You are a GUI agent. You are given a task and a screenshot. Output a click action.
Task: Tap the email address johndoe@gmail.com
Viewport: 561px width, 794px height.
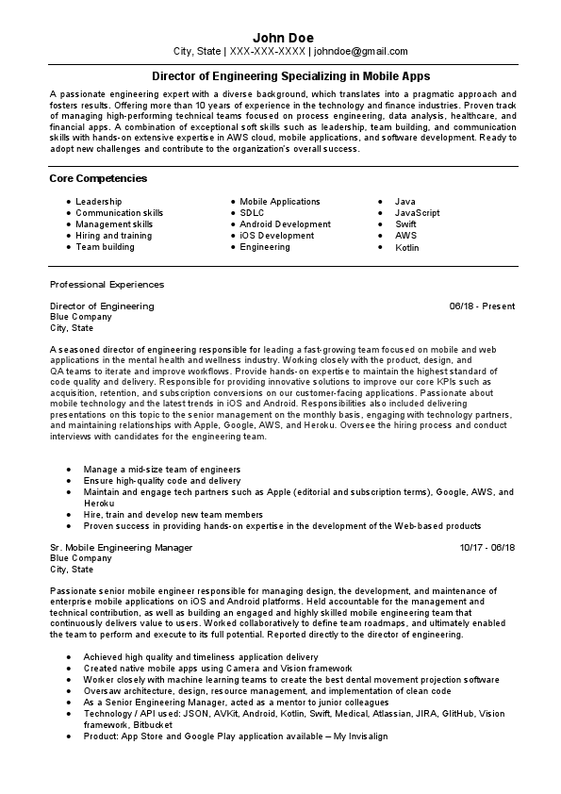coord(361,52)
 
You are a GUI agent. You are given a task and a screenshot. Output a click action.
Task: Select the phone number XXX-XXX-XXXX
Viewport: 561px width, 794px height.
coord(268,52)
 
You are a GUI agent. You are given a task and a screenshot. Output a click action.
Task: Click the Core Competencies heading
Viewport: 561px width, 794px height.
coord(98,178)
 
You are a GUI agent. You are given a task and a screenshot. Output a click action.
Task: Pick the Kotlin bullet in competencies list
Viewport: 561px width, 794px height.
coord(406,248)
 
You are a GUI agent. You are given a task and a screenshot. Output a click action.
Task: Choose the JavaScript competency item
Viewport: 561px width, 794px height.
coord(417,213)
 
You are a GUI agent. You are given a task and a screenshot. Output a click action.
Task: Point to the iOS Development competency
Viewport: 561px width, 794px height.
coord(276,236)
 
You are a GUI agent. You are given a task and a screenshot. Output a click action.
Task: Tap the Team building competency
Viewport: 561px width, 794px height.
coord(105,247)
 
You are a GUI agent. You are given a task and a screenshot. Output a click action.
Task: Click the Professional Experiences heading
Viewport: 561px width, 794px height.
coord(107,284)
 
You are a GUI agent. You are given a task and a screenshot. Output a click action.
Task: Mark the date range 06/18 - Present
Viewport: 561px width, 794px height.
coord(482,306)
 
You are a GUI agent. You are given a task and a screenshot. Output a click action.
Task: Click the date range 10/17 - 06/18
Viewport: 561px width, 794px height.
coord(487,547)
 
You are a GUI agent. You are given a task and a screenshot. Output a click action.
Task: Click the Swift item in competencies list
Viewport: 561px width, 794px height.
coord(405,224)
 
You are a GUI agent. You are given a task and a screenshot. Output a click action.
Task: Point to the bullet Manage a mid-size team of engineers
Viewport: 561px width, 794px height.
coord(161,469)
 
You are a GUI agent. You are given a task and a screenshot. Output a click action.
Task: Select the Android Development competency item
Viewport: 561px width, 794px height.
coord(285,224)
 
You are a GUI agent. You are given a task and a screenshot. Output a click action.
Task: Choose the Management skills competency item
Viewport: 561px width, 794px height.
coord(114,224)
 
